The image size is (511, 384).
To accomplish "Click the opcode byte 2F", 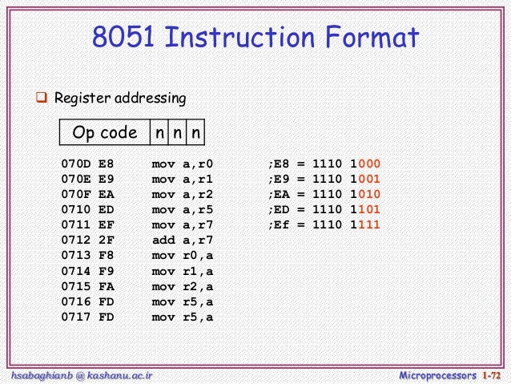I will coord(107,241).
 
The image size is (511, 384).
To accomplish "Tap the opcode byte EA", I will coord(107,195).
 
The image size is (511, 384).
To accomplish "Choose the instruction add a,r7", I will coord(183,241).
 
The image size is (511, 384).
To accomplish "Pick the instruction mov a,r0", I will coord(183,164).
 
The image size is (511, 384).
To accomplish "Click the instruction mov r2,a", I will coord(183,286).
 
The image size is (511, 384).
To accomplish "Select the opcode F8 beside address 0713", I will coord(107,256).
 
